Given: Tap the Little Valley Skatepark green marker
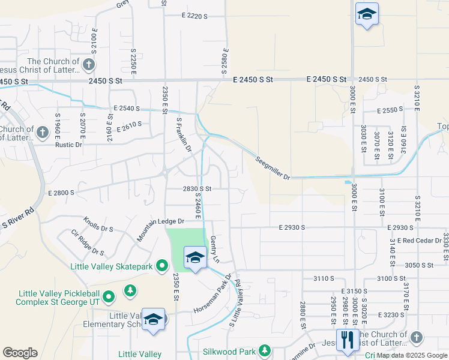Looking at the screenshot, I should click(161, 265).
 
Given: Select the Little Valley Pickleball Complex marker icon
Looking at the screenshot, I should click(108, 296).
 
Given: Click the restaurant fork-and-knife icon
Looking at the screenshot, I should click(348, 340).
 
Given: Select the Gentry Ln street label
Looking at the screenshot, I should click(214, 249).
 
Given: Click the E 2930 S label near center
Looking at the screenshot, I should click(292, 227).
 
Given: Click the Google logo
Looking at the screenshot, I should click(20, 353).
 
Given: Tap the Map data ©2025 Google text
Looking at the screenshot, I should click(412, 355).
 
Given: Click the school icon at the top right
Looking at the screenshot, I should click(366, 14).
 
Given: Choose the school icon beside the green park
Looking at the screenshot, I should click(195, 257).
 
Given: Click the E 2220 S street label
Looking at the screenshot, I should click(193, 16).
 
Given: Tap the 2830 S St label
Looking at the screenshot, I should click(197, 188).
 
